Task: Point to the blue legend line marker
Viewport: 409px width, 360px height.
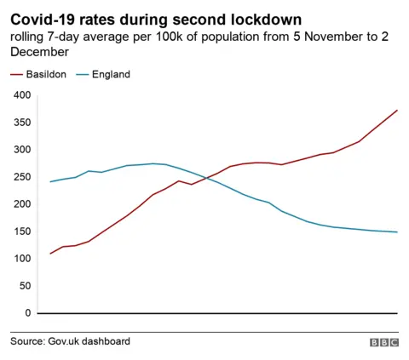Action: pos(83,75)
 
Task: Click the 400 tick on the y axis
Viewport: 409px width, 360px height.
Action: pos(22,95)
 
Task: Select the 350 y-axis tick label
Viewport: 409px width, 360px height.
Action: pos(22,123)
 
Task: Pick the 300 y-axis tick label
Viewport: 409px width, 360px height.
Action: pos(22,150)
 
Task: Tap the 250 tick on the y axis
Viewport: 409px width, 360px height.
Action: pos(22,177)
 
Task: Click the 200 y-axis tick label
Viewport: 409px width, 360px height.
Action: pos(22,204)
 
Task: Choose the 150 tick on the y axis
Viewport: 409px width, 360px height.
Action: pos(22,231)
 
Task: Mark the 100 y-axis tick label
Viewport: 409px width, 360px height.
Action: pos(22,259)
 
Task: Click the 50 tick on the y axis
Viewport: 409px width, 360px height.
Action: pos(25,286)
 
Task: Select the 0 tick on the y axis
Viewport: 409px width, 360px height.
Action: pos(27,313)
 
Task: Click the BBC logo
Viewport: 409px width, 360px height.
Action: pos(383,342)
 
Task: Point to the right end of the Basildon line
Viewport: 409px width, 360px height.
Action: pos(397,110)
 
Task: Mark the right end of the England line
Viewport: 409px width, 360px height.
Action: pos(397,232)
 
